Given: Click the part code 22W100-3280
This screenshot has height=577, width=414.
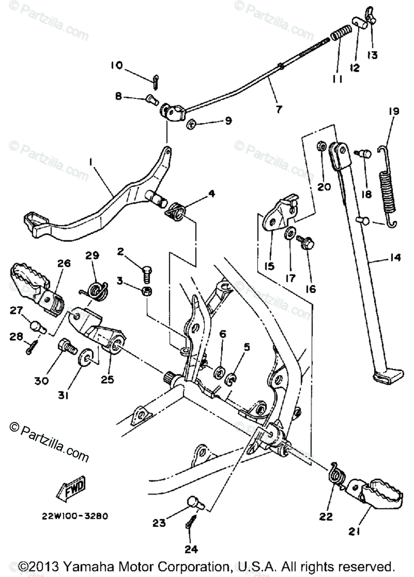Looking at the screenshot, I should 74,517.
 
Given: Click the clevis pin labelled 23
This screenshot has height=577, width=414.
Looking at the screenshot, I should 195,502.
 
